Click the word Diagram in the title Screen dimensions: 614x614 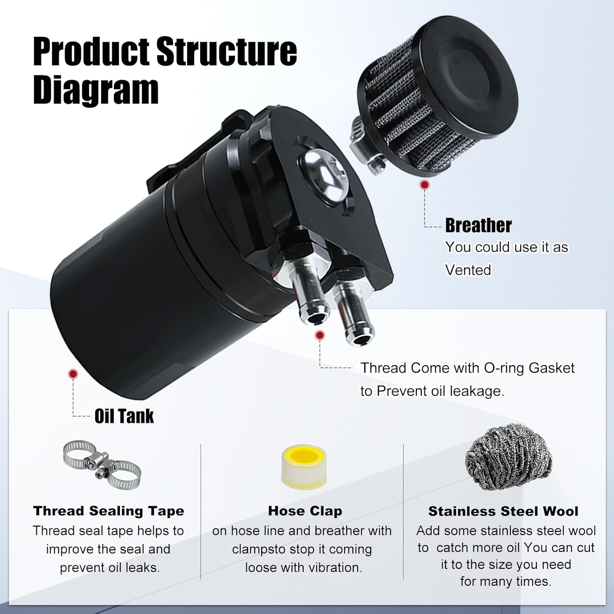point(96,90)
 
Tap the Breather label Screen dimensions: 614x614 point(478,226)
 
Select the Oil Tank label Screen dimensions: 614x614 point(124,416)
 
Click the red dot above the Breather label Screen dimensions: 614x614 point(425,185)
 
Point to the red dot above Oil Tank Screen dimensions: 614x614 point(73,373)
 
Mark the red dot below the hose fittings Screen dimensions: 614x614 point(320,335)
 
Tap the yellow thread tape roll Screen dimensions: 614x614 point(304,467)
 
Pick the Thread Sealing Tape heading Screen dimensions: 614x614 point(108,511)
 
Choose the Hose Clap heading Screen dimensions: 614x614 point(305,511)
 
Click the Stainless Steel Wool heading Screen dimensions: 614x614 point(503,511)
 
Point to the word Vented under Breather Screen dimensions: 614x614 point(468,270)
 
